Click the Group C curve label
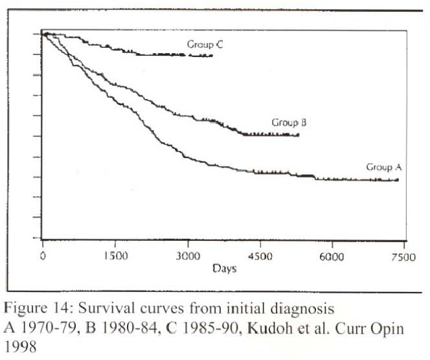tap(205, 45)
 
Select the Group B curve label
tap(289, 122)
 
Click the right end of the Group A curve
tap(398, 180)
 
